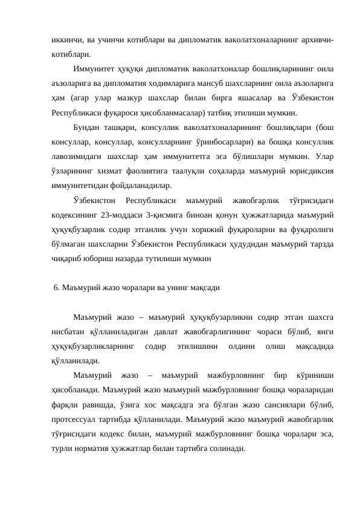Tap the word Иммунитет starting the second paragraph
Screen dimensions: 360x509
point(94,70)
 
